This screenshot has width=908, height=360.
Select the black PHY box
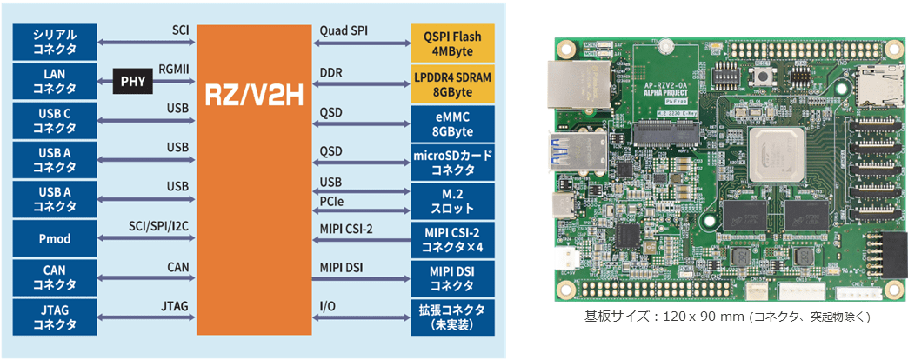pos(132,83)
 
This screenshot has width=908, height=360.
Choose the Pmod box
pos(55,238)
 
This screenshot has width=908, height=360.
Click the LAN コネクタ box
pos(55,83)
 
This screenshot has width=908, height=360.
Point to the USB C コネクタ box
pos(55,123)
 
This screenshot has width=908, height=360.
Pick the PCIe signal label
pos(333,203)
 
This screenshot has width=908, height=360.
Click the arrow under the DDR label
pos(361,84)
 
